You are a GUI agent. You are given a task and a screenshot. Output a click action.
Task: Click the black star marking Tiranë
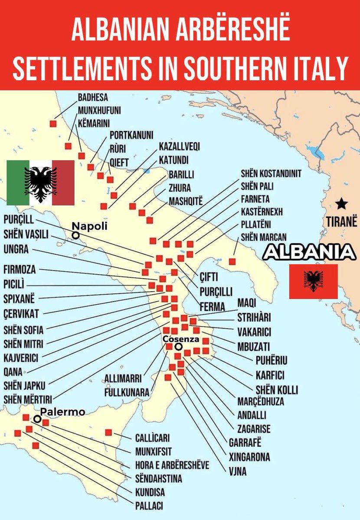point(342,202)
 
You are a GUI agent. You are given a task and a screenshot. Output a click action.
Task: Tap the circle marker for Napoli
point(76,235)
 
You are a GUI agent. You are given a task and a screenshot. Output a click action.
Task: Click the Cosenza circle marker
point(178,346)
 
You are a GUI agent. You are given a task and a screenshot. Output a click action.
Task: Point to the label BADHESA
point(92,97)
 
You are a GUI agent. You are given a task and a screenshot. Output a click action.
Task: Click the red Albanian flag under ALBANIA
point(313,281)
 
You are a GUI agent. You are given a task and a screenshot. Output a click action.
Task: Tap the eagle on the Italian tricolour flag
point(41,183)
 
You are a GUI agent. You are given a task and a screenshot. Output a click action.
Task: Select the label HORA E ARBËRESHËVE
point(172,465)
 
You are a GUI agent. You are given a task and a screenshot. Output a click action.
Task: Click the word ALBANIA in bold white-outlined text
point(309,252)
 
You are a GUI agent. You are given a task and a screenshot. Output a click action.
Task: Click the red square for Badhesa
point(53,123)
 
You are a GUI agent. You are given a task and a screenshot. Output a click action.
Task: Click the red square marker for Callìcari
point(108,432)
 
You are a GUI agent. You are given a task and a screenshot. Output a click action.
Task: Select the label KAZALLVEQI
point(179,146)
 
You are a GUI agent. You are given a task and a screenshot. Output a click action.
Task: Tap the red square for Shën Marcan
point(232,261)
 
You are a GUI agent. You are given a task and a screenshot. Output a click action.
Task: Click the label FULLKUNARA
point(126,393)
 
